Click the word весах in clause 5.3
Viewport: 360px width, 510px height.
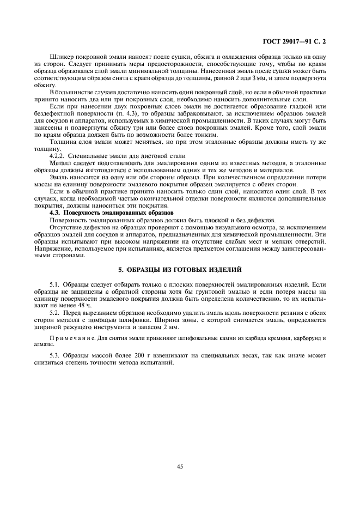coord(224,355)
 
